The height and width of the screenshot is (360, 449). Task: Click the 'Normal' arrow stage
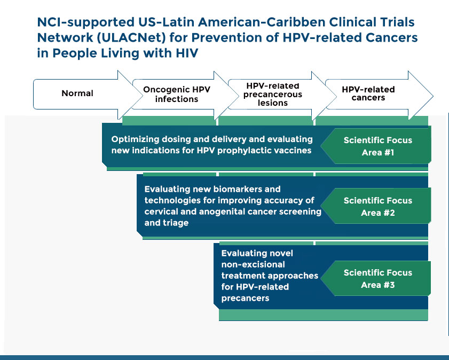click(77, 93)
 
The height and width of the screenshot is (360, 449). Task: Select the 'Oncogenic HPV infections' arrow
click(177, 95)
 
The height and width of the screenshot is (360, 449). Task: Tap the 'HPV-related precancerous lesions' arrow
click(273, 95)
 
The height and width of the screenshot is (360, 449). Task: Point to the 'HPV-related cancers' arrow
click(368, 93)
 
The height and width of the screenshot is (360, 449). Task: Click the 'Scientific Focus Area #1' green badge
click(378, 146)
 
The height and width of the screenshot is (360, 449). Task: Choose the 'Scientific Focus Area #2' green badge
click(378, 207)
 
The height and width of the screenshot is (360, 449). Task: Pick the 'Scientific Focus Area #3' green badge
click(378, 278)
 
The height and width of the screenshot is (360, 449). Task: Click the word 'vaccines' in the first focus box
click(292, 151)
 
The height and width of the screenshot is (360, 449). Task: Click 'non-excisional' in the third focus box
click(253, 264)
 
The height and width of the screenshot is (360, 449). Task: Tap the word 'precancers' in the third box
click(245, 299)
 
